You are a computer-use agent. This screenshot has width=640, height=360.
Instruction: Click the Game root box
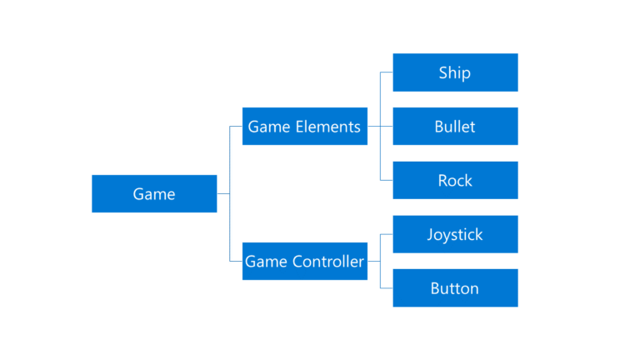pyautogui.click(x=154, y=193)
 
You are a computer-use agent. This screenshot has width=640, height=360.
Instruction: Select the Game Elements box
pyautogui.click(x=304, y=126)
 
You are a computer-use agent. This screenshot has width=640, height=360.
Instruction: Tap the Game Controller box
pyautogui.click(x=304, y=261)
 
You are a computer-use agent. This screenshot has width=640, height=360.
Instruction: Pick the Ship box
pyautogui.click(x=455, y=72)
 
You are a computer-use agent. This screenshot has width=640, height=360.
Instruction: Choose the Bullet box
pyautogui.click(x=455, y=126)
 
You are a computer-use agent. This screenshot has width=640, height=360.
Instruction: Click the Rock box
pyautogui.click(x=455, y=180)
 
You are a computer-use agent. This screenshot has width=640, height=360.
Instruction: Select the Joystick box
pyautogui.click(x=455, y=234)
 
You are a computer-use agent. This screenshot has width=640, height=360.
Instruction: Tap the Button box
pyautogui.click(x=455, y=287)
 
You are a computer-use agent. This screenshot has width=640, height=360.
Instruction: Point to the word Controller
pyautogui.click(x=328, y=262)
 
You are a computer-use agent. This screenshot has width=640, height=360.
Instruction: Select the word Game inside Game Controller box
pyautogui.click(x=263, y=262)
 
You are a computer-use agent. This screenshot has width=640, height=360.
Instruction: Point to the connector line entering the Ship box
pyautogui.click(x=387, y=72)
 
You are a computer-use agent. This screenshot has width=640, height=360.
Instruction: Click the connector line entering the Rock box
pyautogui.click(x=387, y=180)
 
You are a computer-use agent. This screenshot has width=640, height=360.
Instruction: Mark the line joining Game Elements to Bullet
pyautogui.click(x=380, y=127)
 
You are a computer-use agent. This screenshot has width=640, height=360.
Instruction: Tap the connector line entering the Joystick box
pyautogui.click(x=387, y=234)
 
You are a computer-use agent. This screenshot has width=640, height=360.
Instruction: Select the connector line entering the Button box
pyautogui.click(x=387, y=287)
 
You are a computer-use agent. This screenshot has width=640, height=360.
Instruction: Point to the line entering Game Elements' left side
pyautogui.click(x=236, y=127)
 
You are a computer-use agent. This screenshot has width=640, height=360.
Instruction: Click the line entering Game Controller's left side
pyautogui.click(x=236, y=261)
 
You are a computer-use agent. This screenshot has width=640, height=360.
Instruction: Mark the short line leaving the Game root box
pyautogui.click(x=223, y=193)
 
